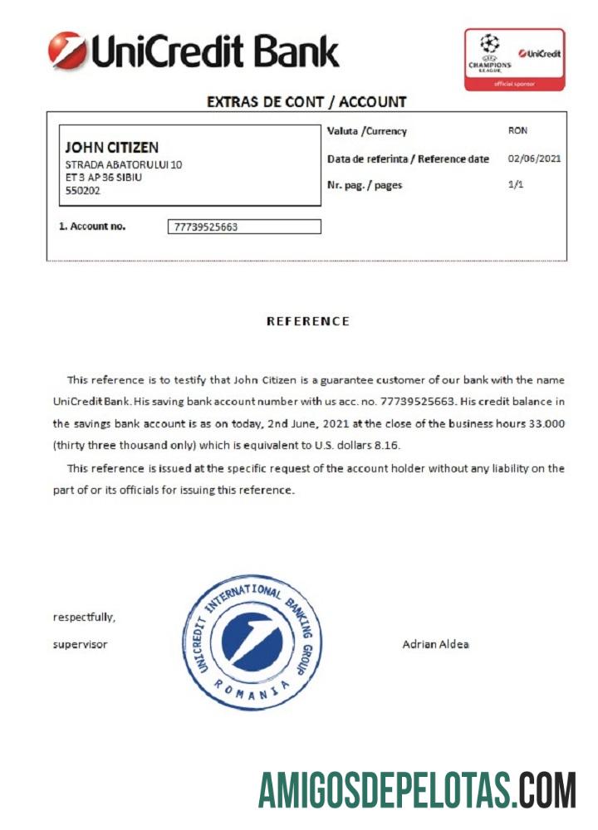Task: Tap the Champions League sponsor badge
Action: click(514, 60)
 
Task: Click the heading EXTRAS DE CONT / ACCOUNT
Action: click(306, 102)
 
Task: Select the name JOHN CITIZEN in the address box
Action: click(111, 148)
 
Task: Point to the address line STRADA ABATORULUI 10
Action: click(124, 164)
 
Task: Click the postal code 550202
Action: click(82, 190)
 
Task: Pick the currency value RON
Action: click(517, 131)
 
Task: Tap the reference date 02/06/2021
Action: click(534, 159)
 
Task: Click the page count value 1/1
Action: click(516, 185)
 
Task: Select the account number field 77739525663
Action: click(243, 227)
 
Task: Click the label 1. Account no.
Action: click(92, 226)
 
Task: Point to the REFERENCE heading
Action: click(307, 321)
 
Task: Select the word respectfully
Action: click(84, 618)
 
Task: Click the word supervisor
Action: click(80, 644)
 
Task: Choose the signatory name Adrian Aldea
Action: click(435, 644)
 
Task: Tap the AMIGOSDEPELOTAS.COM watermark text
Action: click(417, 789)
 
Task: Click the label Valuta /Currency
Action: click(367, 131)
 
